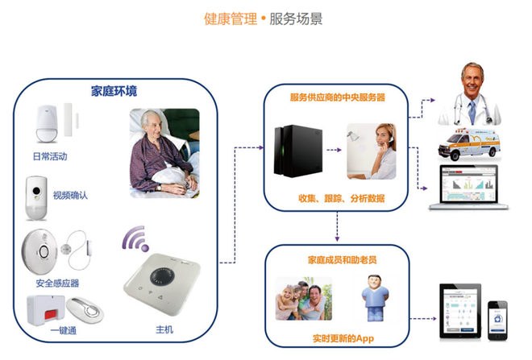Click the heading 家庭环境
[x=114, y=91]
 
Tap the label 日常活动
[x=50, y=156]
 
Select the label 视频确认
[x=70, y=195]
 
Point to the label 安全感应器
[x=57, y=283]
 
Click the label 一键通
[x=64, y=330]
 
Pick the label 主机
[x=164, y=329]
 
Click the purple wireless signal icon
[x=135, y=238]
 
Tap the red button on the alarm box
[x=52, y=314]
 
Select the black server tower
[x=298, y=151]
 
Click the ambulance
[x=469, y=144]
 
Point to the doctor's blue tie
[x=472, y=112]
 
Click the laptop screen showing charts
[x=468, y=184]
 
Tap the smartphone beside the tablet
[x=497, y=321]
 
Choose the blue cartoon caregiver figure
[x=375, y=298]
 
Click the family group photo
[x=304, y=299]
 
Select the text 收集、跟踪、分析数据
[x=342, y=198]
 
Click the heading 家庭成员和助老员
[x=342, y=260]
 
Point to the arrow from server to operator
[x=334, y=150]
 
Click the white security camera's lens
[x=36, y=191]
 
